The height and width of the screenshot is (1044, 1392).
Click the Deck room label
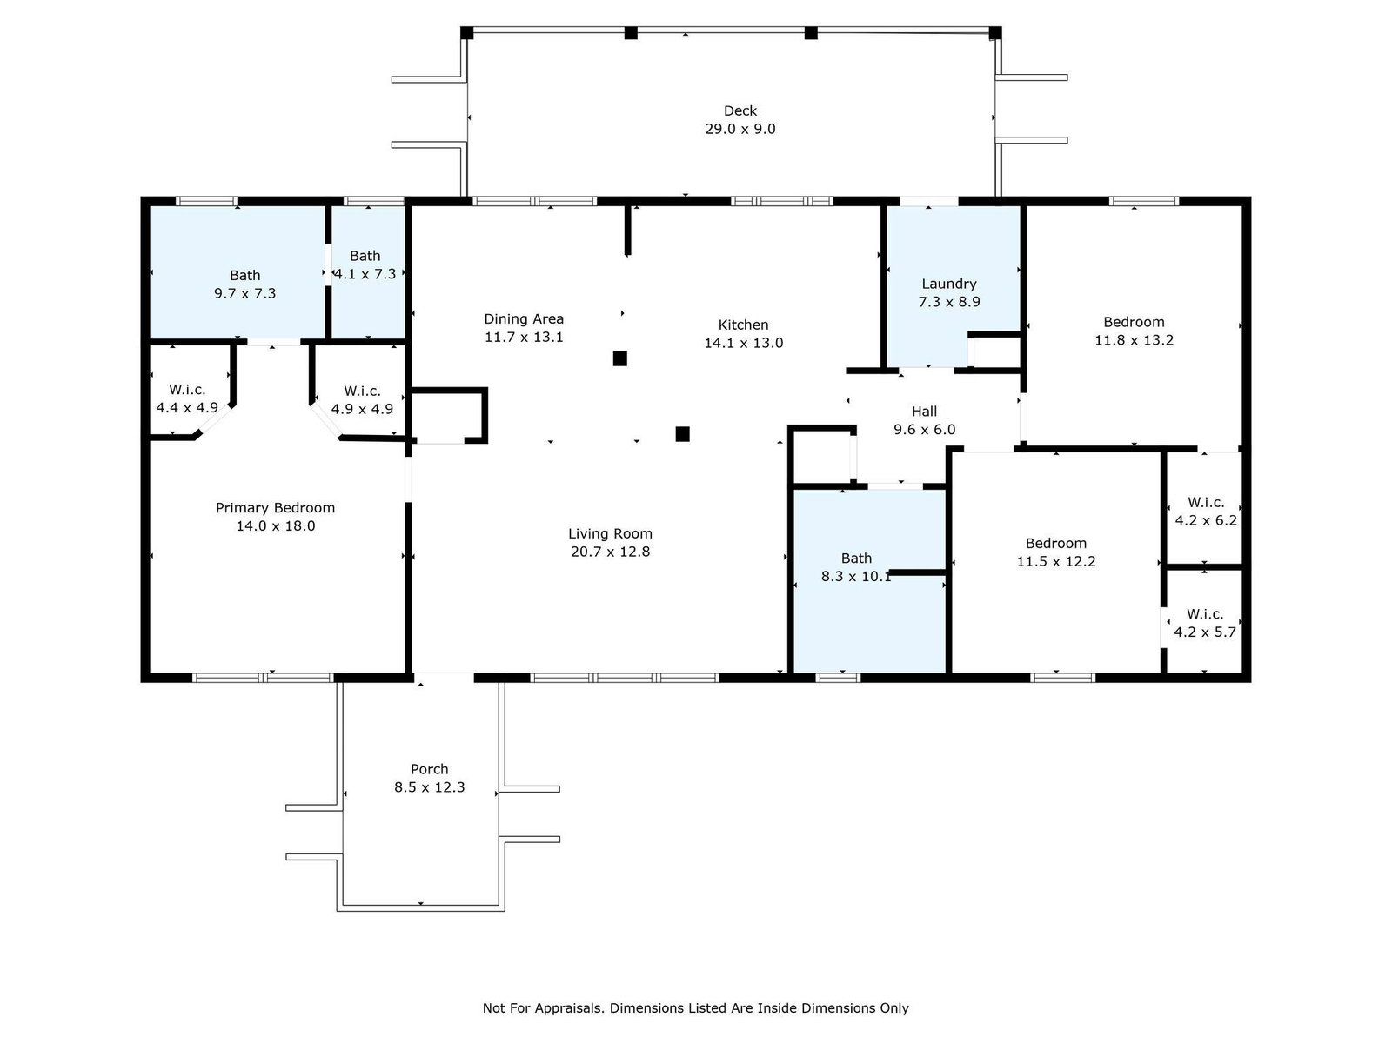tap(740, 111)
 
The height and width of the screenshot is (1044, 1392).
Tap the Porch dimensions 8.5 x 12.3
tap(429, 787)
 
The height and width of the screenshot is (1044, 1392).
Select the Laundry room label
tap(948, 284)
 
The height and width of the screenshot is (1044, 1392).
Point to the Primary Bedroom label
tap(275, 508)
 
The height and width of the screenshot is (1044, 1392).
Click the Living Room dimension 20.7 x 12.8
tap(610, 552)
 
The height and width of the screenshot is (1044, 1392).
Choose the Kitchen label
tap(743, 325)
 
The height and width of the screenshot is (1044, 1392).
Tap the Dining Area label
tap(524, 318)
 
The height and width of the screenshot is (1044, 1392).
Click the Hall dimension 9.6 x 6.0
tap(925, 429)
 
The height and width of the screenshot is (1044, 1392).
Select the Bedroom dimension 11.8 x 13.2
tap(1134, 340)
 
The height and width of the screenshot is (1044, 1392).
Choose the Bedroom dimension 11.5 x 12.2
tap(1056, 561)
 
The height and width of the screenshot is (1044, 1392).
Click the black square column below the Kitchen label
tap(682, 434)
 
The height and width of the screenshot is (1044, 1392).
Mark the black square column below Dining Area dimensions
tap(620, 358)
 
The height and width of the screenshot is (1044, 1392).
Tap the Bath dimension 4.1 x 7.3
tap(365, 274)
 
